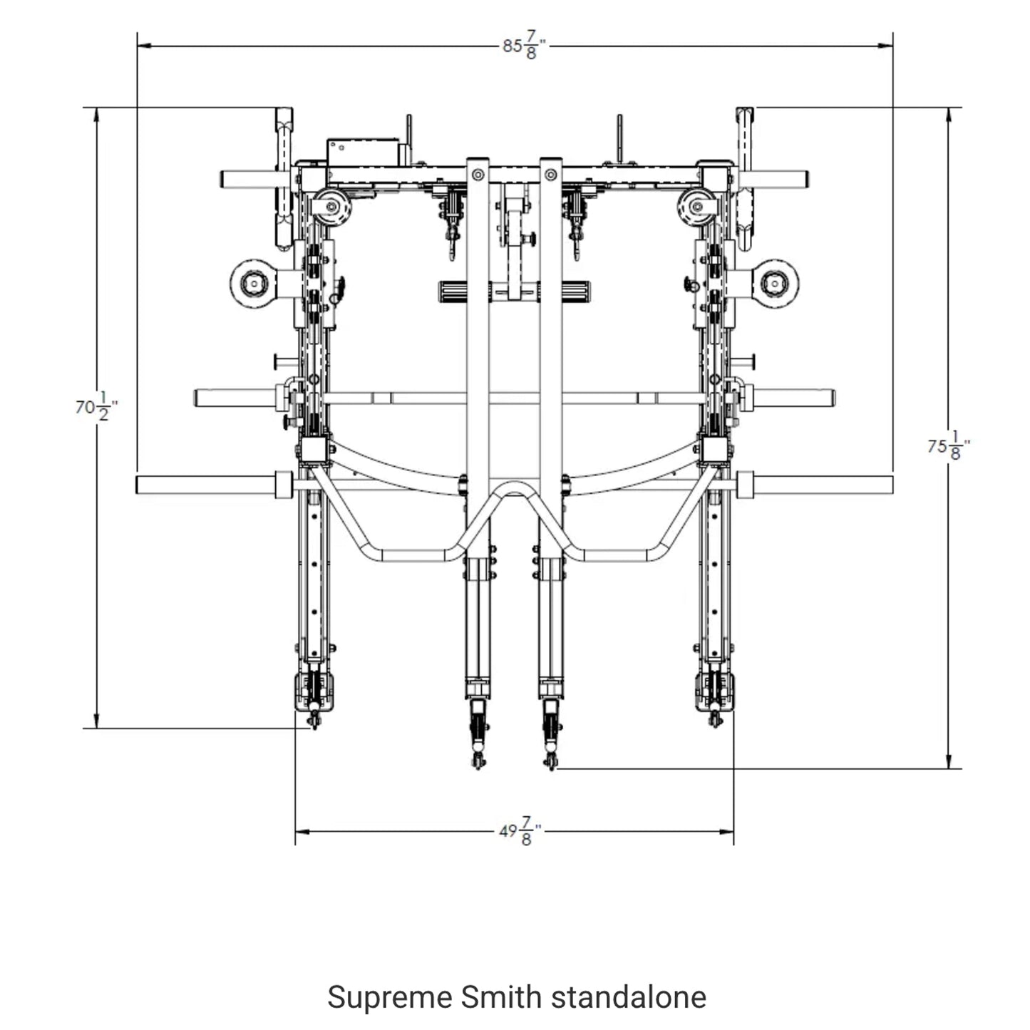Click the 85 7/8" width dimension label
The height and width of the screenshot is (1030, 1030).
point(524,47)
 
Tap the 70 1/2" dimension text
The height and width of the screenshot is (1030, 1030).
point(96,408)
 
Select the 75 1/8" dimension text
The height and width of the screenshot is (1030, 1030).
point(949,447)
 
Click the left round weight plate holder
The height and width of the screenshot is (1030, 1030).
point(252,284)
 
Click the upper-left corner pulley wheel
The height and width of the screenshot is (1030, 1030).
point(331,207)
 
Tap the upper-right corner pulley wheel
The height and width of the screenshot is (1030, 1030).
point(696,207)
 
